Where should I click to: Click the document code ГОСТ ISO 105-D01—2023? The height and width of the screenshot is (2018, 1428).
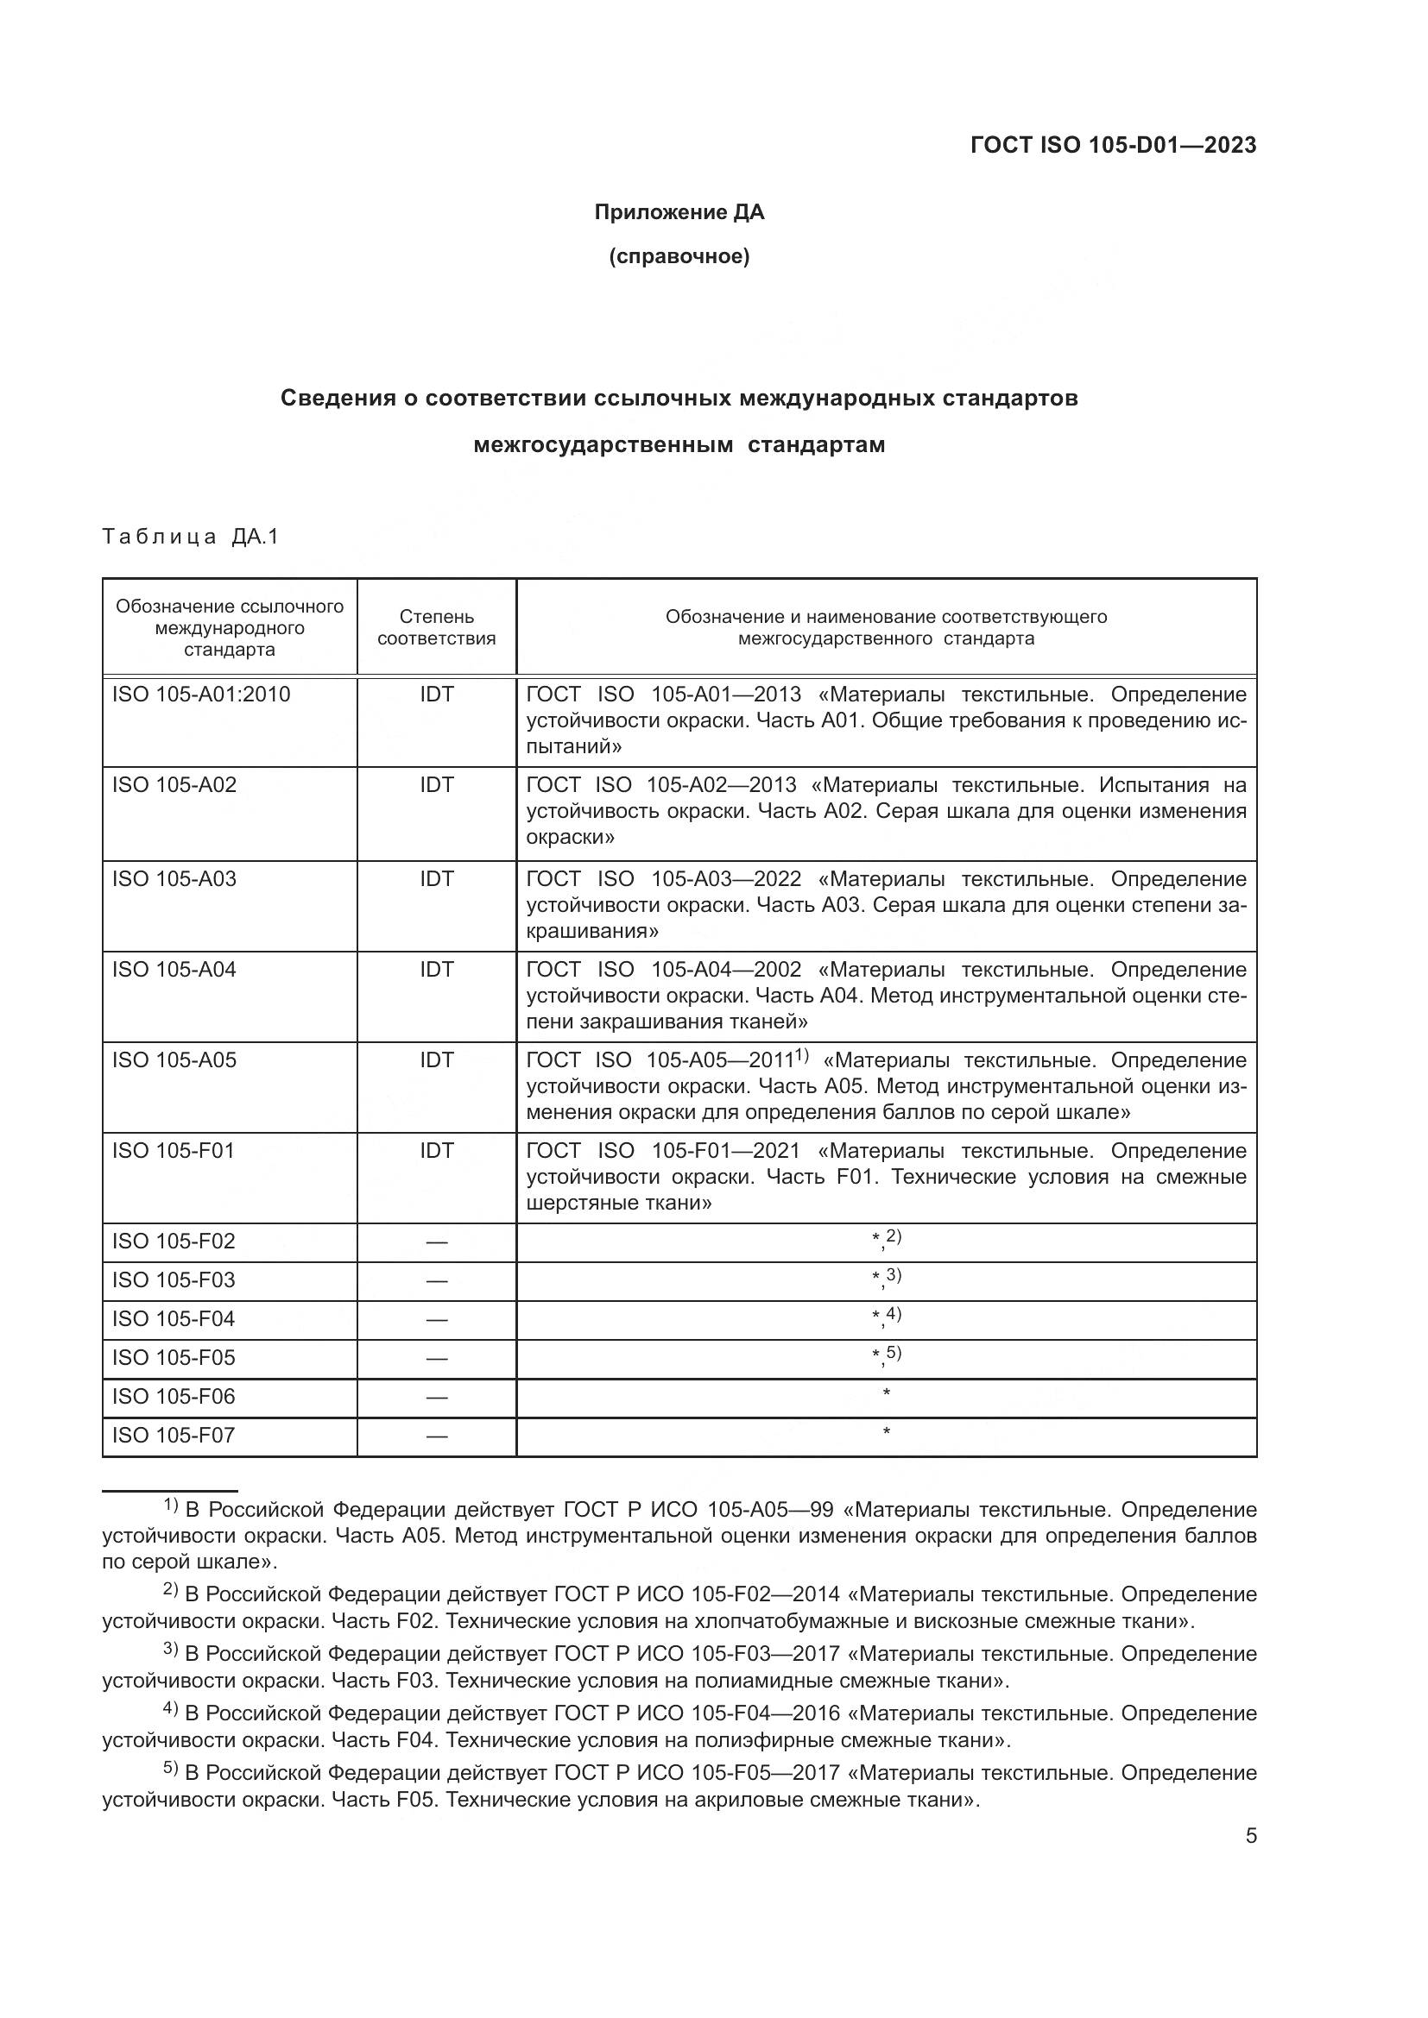point(1112,145)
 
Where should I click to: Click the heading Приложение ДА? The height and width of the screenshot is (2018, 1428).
point(679,212)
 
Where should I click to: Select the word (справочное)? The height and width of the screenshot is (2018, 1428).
point(679,256)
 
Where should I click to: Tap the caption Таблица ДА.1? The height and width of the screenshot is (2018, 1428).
point(190,536)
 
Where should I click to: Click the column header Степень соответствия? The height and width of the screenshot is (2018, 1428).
point(436,627)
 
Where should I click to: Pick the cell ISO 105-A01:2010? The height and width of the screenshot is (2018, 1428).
point(200,695)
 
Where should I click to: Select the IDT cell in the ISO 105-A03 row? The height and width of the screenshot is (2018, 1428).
point(436,879)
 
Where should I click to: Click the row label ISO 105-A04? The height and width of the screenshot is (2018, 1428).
point(174,970)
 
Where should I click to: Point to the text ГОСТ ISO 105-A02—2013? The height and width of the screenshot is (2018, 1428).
point(660,785)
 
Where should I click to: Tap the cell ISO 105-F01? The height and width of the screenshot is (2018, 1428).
point(174,1151)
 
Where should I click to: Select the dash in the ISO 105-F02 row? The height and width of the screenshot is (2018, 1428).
point(436,1242)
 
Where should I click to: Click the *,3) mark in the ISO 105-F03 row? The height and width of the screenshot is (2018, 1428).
point(887,1278)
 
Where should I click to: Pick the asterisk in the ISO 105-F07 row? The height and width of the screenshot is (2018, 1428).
point(887,1434)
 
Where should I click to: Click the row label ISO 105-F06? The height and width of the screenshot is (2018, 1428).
point(174,1397)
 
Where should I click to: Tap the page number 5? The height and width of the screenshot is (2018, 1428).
point(1250,1836)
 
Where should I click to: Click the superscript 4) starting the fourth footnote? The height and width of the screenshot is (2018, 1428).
point(171,1709)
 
